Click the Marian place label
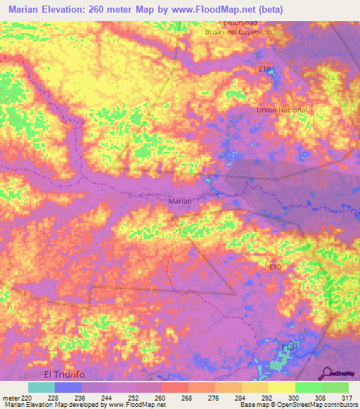tap(181, 201)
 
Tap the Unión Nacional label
tap(282, 110)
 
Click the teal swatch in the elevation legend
tap(41, 387)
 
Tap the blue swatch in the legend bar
tap(68, 387)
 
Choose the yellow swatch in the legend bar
tap(281, 387)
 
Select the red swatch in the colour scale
tap(174, 387)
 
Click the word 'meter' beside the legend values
tap(10, 397)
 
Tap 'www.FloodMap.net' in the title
tap(230, 8)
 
